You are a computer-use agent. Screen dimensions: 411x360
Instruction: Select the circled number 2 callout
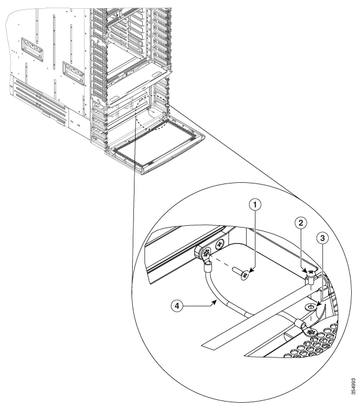click(x=300, y=223)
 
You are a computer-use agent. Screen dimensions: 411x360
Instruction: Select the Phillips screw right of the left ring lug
click(x=220, y=243)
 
